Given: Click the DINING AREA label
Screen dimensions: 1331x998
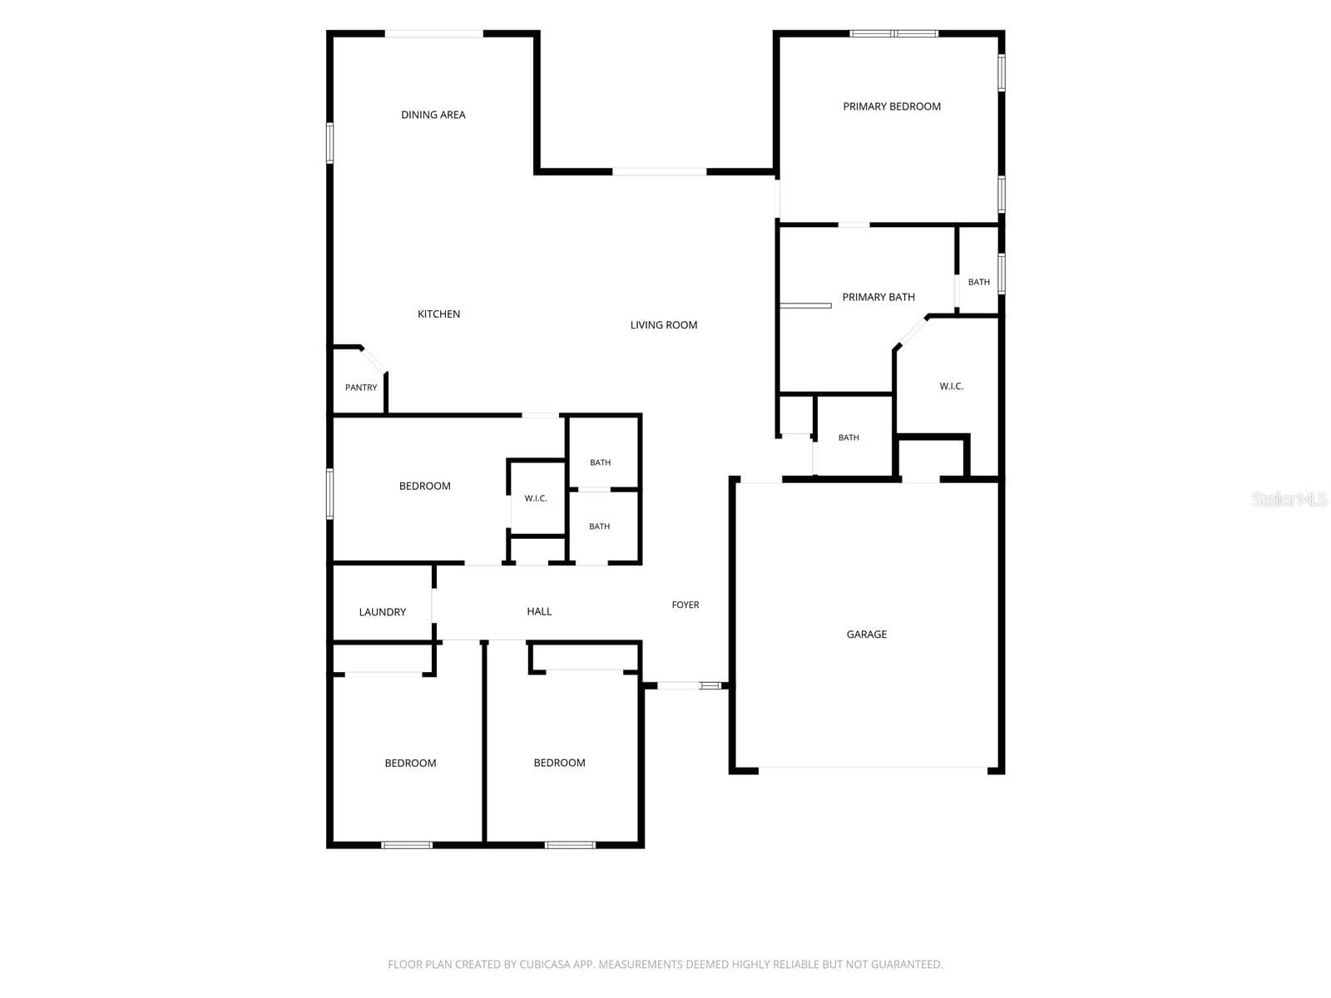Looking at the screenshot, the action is (433, 115).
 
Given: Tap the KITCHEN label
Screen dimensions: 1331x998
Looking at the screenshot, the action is (438, 314).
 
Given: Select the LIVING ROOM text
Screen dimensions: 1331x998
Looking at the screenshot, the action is (663, 325).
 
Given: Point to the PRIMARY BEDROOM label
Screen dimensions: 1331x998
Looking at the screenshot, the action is (892, 106).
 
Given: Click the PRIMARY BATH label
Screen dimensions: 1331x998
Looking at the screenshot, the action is (878, 297).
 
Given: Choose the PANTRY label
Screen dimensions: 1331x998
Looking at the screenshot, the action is (361, 388).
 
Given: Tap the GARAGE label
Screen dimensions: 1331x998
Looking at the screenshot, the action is (867, 634).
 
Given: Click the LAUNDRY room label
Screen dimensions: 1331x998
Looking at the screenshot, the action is (382, 612).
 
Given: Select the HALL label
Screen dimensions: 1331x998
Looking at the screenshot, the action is (539, 611).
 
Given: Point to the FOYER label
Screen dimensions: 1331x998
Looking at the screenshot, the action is (685, 605).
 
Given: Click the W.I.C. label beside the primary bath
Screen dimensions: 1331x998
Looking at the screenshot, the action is (951, 386).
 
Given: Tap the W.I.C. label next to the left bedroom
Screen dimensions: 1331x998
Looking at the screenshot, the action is (536, 498).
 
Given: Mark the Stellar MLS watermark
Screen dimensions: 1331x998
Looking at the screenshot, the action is (1289, 499).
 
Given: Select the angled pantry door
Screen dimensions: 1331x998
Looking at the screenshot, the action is (374, 360).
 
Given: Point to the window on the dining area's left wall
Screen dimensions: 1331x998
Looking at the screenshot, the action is (330, 143).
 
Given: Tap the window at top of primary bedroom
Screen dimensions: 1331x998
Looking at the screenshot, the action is (893, 33).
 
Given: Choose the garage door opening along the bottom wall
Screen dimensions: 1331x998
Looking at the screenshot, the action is (873, 770).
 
